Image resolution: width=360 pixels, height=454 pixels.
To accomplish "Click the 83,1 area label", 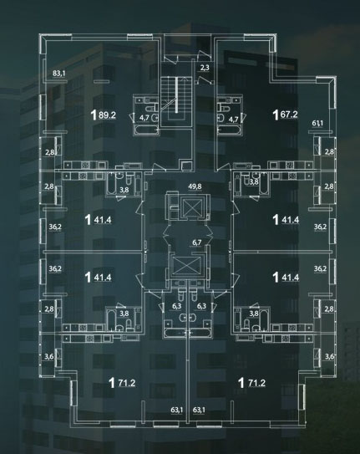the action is [x=59, y=74].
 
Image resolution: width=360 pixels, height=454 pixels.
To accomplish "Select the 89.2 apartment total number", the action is [x=107, y=115].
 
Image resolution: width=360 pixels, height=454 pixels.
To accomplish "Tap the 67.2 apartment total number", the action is [x=289, y=115].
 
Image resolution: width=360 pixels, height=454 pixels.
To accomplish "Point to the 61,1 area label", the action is [x=317, y=123].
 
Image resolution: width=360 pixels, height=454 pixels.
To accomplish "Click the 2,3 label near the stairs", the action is [x=205, y=68].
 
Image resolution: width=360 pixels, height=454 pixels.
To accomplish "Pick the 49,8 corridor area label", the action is [x=195, y=186].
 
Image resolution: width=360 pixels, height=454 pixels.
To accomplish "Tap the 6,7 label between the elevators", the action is [x=197, y=242].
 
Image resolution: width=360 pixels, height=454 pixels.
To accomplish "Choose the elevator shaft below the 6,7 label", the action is [x=185, y=265].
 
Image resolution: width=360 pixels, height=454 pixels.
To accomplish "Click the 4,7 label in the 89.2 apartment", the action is [x=145, y=118].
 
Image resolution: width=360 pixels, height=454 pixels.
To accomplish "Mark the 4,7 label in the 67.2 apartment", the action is [x=233, y=119].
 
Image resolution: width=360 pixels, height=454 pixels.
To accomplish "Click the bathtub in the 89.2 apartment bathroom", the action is [x=146, y=130].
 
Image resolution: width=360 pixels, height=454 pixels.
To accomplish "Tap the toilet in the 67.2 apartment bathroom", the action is [x=224, y=108].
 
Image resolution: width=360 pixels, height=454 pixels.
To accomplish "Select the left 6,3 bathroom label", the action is [x=177, y=306].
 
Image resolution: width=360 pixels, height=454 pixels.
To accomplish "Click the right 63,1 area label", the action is [x=199, y=410].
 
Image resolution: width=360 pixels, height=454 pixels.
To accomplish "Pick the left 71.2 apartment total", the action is [x=127, y=383].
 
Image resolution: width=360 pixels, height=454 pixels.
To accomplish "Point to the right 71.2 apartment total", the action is [x=256, y=383].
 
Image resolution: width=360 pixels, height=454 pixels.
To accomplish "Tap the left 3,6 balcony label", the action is [x=49, y=356].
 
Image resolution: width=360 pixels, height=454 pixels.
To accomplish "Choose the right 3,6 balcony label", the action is [x=329, y=356].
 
